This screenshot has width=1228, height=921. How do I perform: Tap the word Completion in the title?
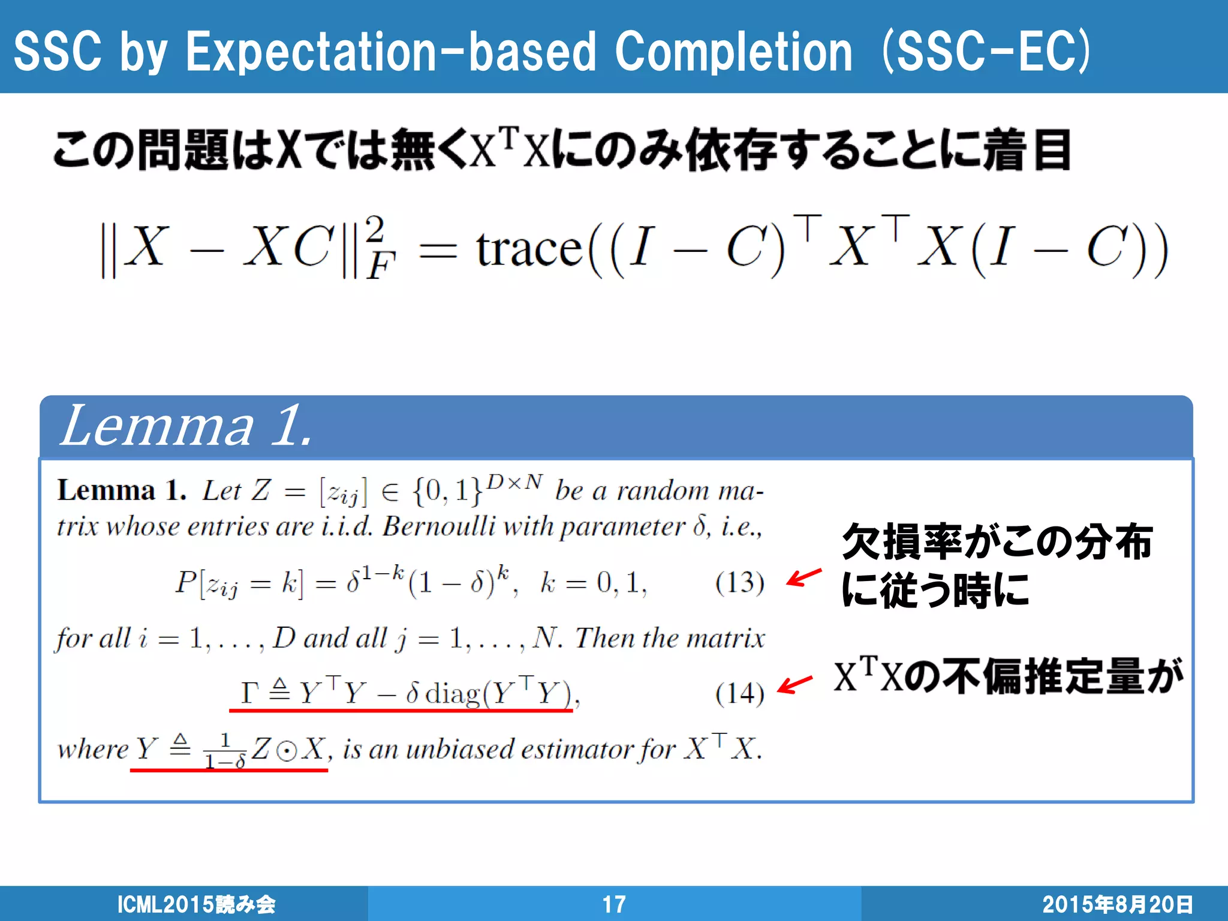[733, 53]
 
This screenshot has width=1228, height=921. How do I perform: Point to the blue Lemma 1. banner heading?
[187, 426]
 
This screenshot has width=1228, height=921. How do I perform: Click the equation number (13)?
[739, 582]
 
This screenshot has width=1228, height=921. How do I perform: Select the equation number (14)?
[739, 693]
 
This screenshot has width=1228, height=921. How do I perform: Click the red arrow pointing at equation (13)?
[803, 577]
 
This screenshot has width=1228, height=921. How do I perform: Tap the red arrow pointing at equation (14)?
[794, 684]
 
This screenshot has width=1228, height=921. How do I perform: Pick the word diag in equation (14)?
[453, 694]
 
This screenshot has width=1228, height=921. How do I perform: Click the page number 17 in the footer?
[613, 904]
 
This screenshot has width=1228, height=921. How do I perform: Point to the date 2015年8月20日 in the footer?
[1117, 904]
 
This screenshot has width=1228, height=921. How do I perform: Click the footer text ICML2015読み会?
[196, 904]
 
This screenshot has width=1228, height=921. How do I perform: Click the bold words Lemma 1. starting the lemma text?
[122, 490]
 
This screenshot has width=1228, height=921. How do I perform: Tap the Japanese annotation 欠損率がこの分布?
[997, 541]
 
